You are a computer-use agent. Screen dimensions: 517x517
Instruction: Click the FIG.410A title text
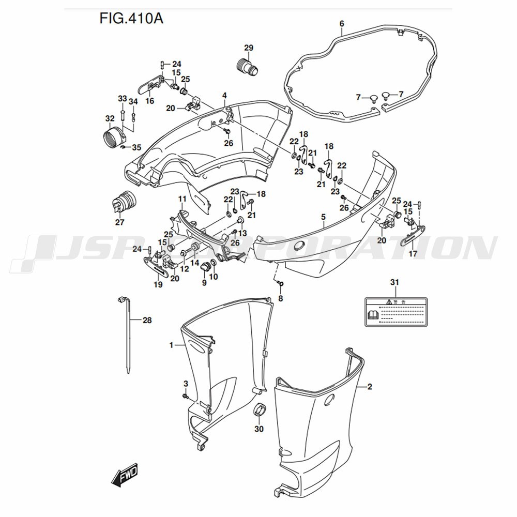click(x=131, y=20)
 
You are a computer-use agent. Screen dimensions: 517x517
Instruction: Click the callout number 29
click(x=248, y=48)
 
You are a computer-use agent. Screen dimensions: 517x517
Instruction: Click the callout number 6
click(x=342, y=23)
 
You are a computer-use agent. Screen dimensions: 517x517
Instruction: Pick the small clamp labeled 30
click(x=260, y=409)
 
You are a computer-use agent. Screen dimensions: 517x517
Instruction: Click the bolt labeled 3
click(x=185, y=396)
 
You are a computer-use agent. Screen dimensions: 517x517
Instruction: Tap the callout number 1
click(x=171, y=344)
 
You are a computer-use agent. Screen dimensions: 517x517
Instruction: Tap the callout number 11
click(x=182, y=199)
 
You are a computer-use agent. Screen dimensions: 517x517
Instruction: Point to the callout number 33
click(x=122, y=99)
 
